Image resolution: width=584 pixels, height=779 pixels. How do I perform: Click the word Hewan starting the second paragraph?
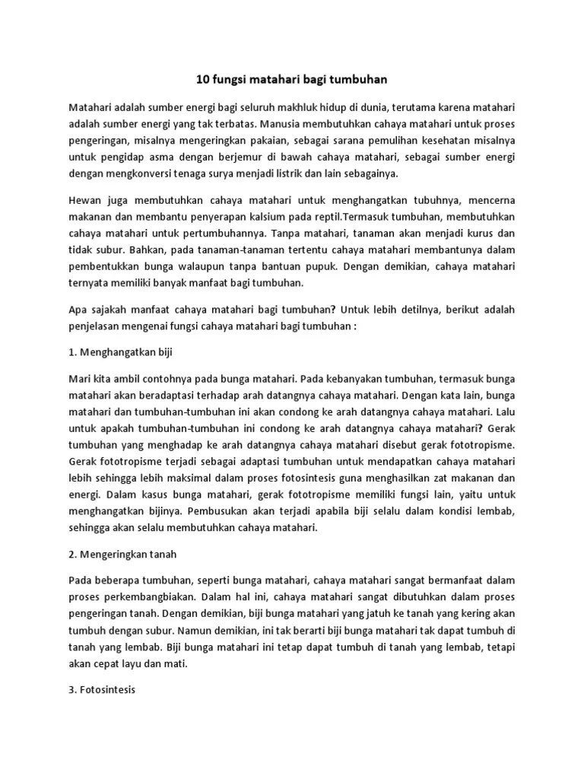(x=86, y=200)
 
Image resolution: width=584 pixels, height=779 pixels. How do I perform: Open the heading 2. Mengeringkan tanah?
(x=122, y=555)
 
